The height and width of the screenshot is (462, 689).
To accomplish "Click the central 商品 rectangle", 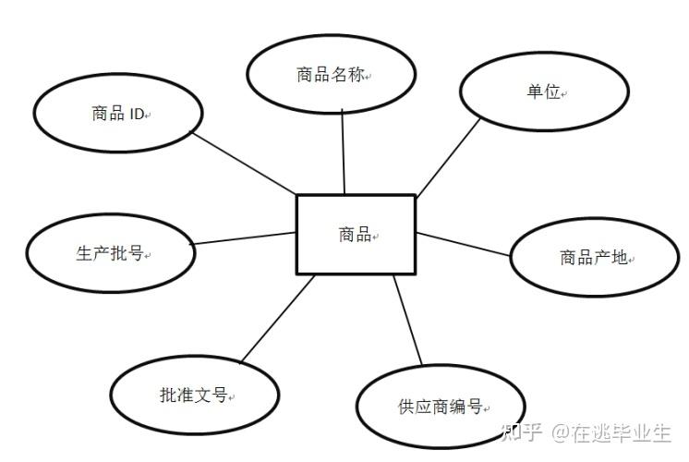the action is (x=356, y=234).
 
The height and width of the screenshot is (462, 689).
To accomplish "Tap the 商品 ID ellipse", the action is (x=118, y=113).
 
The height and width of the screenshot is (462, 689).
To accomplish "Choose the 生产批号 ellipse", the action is (x=110, y=253).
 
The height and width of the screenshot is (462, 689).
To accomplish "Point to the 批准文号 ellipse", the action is (x=194, y=395).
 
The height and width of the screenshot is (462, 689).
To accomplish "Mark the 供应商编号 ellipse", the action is (x=441, y=406).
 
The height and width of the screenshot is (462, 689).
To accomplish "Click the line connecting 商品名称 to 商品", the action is (x=343, y=152).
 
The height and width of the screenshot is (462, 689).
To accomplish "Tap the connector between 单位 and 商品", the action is (x=449, y=157).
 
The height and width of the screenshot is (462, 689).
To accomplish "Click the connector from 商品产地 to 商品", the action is (x=464, y=243).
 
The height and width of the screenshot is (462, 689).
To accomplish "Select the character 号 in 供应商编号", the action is (x=474, y=406).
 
